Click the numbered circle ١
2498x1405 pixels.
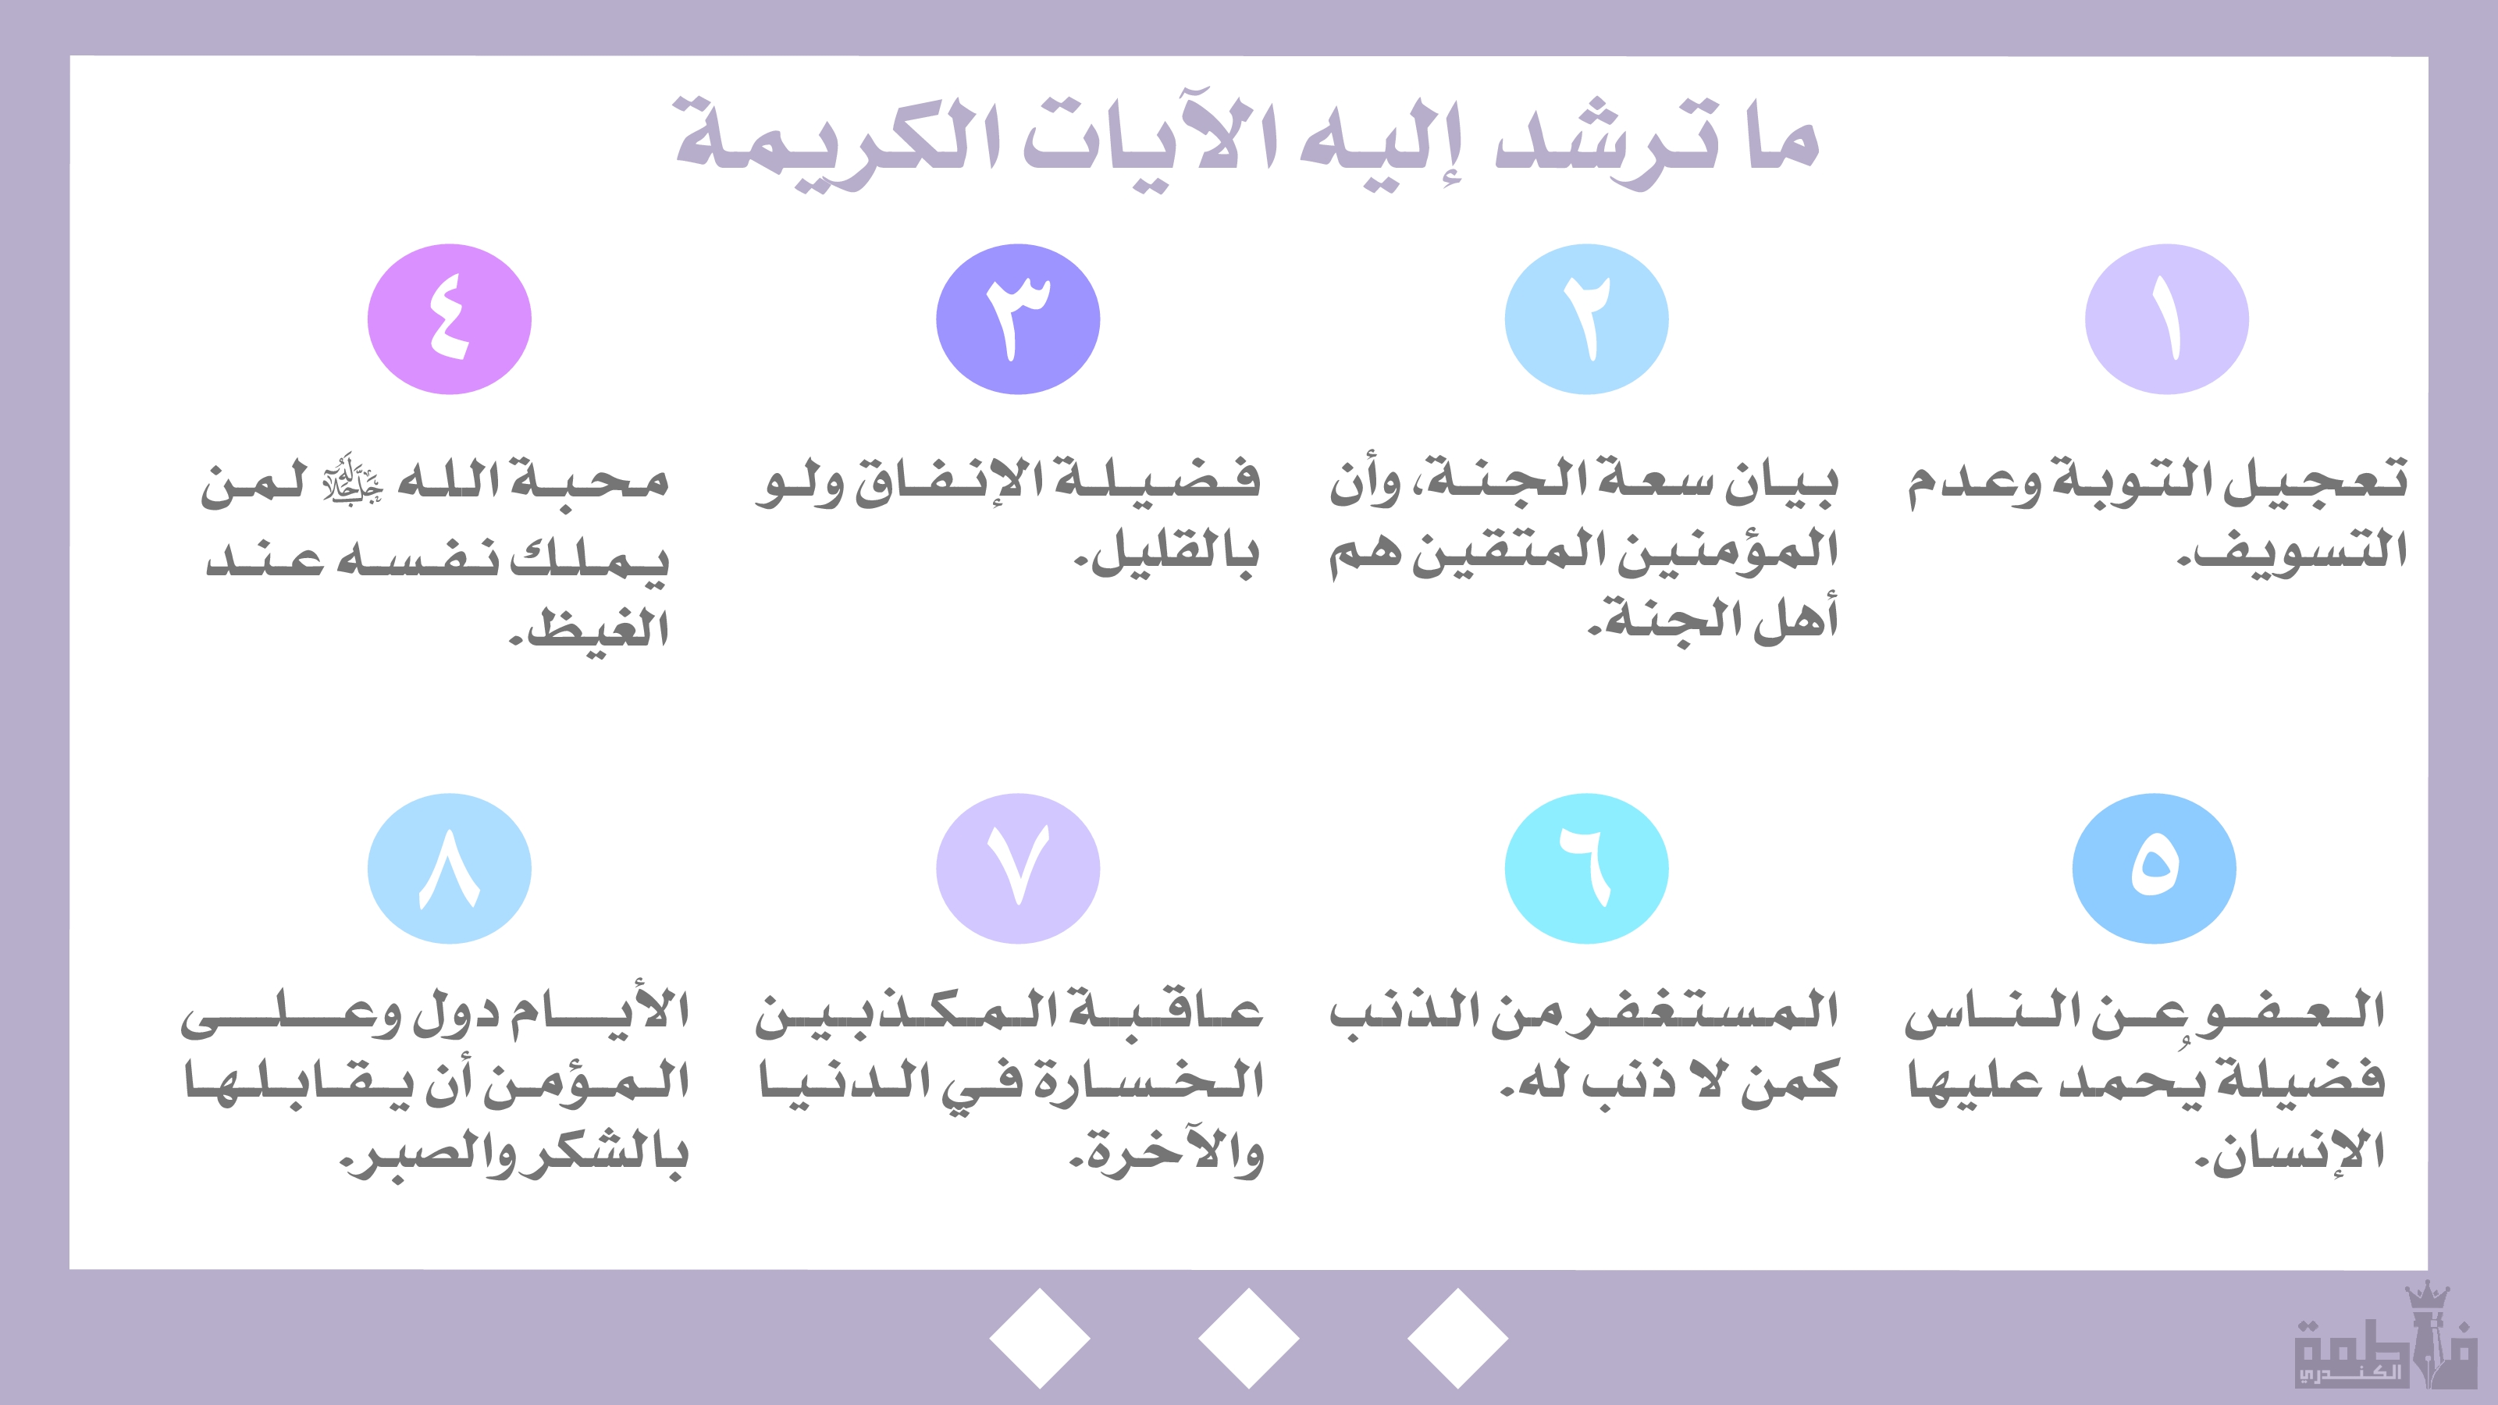(2166, 319)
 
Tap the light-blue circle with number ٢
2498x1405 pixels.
(1586, 319)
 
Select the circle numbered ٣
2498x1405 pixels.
(1018, 319)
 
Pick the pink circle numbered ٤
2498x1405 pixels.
(449, 319)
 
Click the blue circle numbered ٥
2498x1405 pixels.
(2154, 869)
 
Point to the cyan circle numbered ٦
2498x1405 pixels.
(1586, 869)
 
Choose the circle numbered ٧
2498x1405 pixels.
(1018, 869)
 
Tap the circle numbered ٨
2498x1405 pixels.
(449, 869)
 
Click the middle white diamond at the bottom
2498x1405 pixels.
(1249, 1338)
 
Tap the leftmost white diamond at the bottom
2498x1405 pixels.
(1040, 1338)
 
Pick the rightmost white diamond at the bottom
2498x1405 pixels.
(1457, 1338)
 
